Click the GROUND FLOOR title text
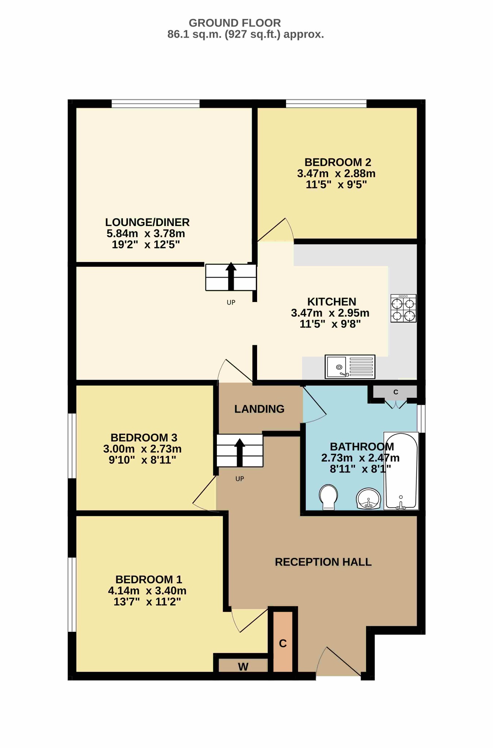(x=235, y=23)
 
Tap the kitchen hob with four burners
(x=403, y=308)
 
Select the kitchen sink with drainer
(x=350, y=366)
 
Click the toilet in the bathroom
(x=328, y=497)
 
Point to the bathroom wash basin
(x=369, y=499)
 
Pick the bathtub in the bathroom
(x=401, y=471)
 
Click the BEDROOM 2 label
(x=338, y=162)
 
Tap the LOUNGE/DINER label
(x=147, y=222)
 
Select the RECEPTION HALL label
(x=323, y=562)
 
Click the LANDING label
(x=259, y=409)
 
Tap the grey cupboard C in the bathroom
(x=395, y=392)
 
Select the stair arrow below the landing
(x=240, y=453)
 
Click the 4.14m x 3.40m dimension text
(x=147, y=591)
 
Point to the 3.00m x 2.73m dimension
(x=142, y=449)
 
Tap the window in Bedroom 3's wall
(x=72, y=446)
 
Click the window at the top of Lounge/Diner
(x=155, y=103)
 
